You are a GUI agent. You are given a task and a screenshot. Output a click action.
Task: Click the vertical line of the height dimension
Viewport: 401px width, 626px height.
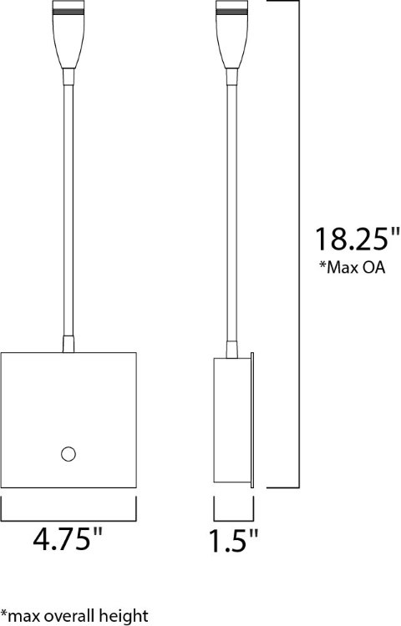click(298, 125)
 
